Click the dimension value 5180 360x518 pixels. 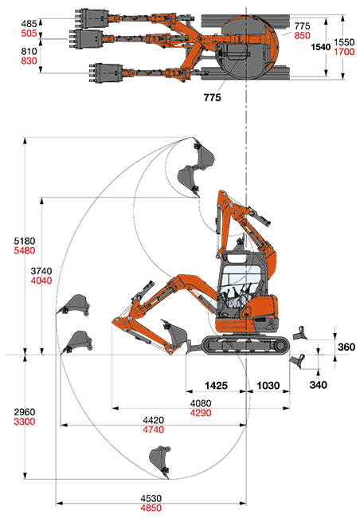[25, 241]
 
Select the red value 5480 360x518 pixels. [25, 251]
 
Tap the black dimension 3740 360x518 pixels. [41, 271]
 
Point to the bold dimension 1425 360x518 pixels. [217, 386]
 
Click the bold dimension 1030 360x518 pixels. [268, 386]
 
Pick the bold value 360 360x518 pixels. [346, 347]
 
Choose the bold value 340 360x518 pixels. [319, 385]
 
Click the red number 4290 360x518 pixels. [201, 413]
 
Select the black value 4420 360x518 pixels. [153, 420]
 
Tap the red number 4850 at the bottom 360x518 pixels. [151, 508]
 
